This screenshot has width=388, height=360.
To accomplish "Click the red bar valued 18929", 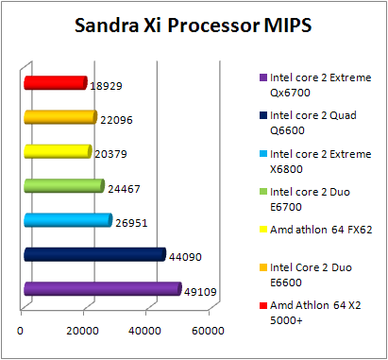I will coord(55,84).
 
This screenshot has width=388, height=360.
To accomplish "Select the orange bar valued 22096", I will coord(59,117).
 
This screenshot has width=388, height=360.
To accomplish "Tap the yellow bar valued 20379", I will coord(57,151).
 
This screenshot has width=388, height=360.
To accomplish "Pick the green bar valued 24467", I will coord(62,186).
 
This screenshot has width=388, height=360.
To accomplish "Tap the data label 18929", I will coord(107,86).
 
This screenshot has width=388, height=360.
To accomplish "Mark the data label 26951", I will coord(131,223).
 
